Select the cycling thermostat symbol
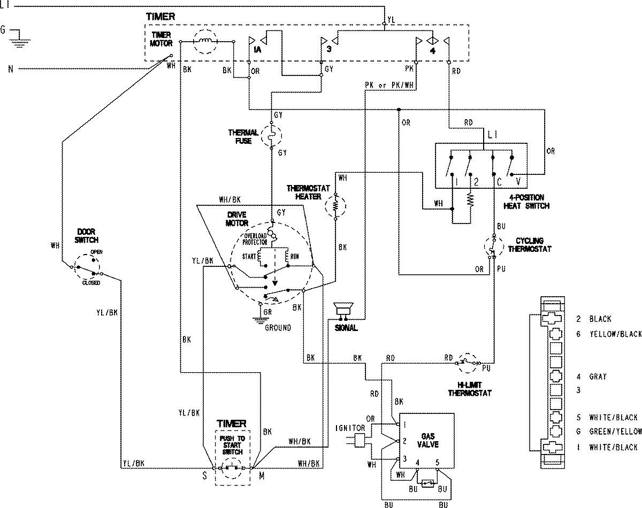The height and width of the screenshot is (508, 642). coord(493,245)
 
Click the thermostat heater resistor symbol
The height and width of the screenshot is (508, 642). coord(337,205)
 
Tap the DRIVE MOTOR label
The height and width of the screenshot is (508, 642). coord(236,218)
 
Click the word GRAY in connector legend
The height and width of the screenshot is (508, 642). coord(598,376)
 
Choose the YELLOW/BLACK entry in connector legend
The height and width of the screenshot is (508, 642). coord(616,334)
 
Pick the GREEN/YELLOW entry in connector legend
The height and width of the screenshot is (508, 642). coord(616,432)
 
